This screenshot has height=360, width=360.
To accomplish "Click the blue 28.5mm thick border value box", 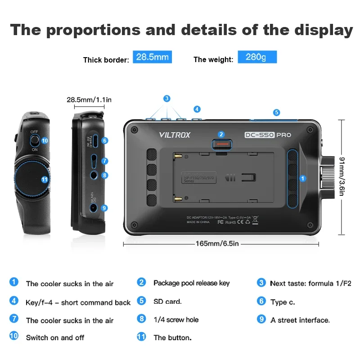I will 152,58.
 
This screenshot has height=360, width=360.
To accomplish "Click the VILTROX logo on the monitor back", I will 175,135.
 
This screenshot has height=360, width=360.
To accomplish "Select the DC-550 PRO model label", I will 268,135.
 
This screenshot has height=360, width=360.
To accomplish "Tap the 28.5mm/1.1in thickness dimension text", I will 89,99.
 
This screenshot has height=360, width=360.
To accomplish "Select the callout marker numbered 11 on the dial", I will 44,179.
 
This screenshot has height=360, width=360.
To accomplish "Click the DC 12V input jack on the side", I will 94,207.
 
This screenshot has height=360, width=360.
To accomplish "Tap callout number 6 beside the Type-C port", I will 104,140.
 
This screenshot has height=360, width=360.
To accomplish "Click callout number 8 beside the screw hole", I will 104,175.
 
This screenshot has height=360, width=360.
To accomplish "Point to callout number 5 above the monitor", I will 276,112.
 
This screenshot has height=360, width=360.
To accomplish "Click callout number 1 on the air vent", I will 303,179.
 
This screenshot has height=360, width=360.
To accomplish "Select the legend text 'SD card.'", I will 167,301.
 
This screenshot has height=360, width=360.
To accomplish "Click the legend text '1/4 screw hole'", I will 176,319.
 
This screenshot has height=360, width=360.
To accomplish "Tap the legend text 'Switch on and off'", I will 55,337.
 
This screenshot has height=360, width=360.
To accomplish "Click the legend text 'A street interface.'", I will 300,320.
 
